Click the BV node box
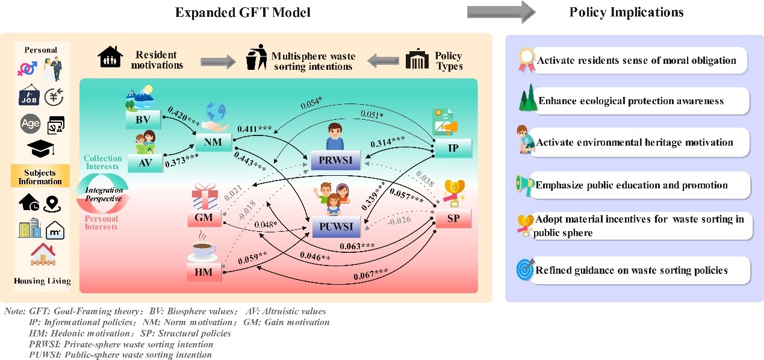coord(143,119)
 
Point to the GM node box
coord(203,217)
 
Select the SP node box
coord(452,218)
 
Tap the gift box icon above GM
coord(203,196)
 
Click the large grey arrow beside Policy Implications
coord(501,11)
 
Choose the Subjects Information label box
coord(40,176)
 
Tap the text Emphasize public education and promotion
coord(632,185)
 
